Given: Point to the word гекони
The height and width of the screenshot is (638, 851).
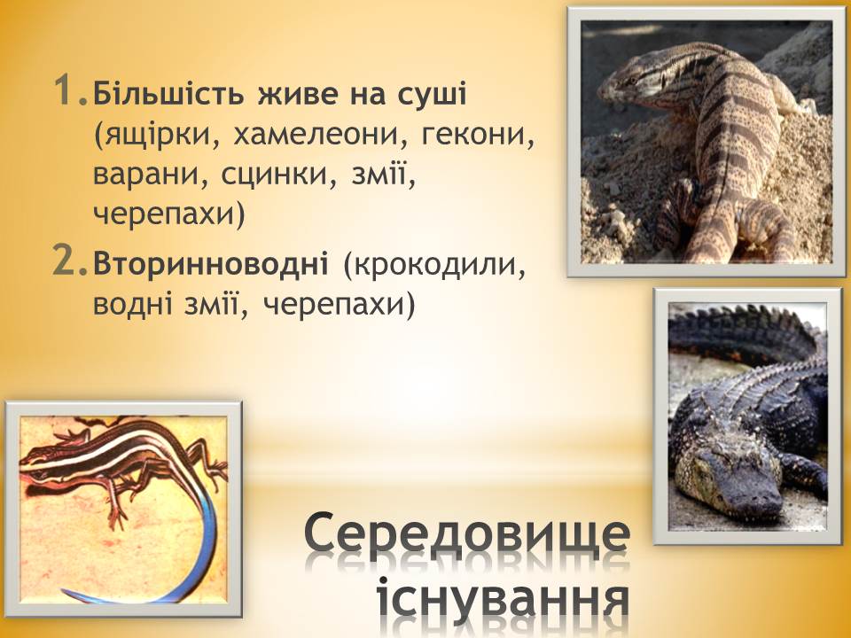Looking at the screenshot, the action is [478, 135].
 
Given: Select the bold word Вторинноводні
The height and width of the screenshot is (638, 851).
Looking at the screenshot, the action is [211, 264].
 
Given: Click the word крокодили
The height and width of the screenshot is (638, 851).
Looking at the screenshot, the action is [435, 265].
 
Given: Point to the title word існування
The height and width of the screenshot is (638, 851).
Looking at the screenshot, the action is [504, 603].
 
